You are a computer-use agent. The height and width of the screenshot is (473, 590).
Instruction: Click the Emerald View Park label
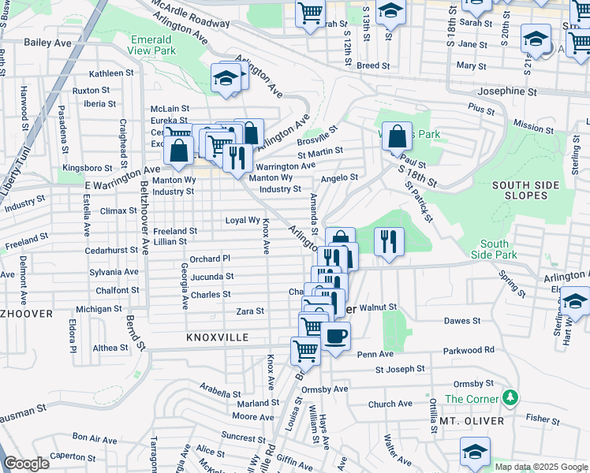152,44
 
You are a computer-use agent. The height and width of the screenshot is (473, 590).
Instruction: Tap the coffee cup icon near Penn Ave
335,337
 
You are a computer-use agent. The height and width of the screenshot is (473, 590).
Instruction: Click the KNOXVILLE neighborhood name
217,337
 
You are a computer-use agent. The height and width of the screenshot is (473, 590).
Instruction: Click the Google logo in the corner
26,464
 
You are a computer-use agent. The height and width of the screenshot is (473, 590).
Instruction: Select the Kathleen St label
111,73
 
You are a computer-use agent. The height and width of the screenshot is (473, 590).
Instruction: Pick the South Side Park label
494,249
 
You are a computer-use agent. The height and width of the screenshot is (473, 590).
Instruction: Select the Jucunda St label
212,277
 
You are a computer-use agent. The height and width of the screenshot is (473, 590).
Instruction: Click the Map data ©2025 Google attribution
540,467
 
